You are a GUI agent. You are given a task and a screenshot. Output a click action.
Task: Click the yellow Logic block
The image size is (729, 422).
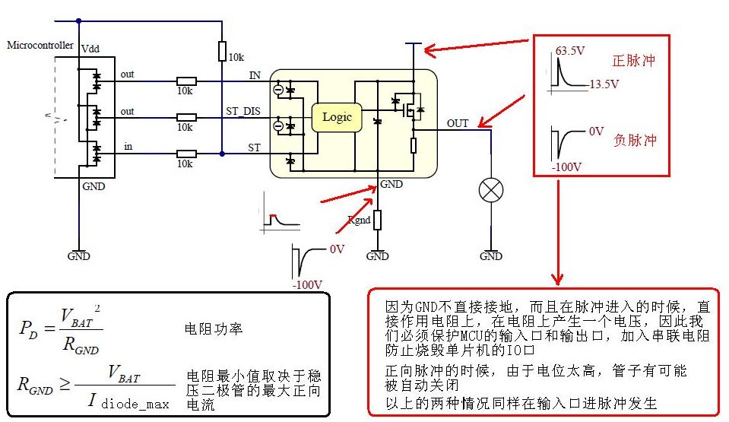pos(337,117)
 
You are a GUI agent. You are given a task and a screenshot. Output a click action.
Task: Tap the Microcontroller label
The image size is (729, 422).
pos(40,45)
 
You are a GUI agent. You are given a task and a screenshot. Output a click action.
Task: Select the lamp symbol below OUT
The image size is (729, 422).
pos(489,190)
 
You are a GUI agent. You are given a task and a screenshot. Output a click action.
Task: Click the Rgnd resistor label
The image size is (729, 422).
pos(360,220)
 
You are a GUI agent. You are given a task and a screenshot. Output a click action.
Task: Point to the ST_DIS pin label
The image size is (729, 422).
pos(242,111)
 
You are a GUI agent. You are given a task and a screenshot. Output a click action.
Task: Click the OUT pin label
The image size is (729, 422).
pos(458,123)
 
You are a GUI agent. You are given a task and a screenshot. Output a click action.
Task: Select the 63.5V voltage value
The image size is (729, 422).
pos(571,52)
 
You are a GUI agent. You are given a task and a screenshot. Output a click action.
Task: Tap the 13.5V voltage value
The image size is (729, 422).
pos(604,84)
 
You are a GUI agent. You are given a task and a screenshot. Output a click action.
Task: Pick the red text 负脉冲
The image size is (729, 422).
pos(634,141)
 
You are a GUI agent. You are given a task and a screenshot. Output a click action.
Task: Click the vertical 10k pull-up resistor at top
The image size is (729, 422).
pos(222,51)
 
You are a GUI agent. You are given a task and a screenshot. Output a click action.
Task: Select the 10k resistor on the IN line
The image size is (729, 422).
pos(186,81)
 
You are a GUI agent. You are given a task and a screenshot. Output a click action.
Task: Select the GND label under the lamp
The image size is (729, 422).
pos(491,256)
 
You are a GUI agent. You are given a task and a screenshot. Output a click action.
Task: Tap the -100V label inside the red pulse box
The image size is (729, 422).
pos(566,167)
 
